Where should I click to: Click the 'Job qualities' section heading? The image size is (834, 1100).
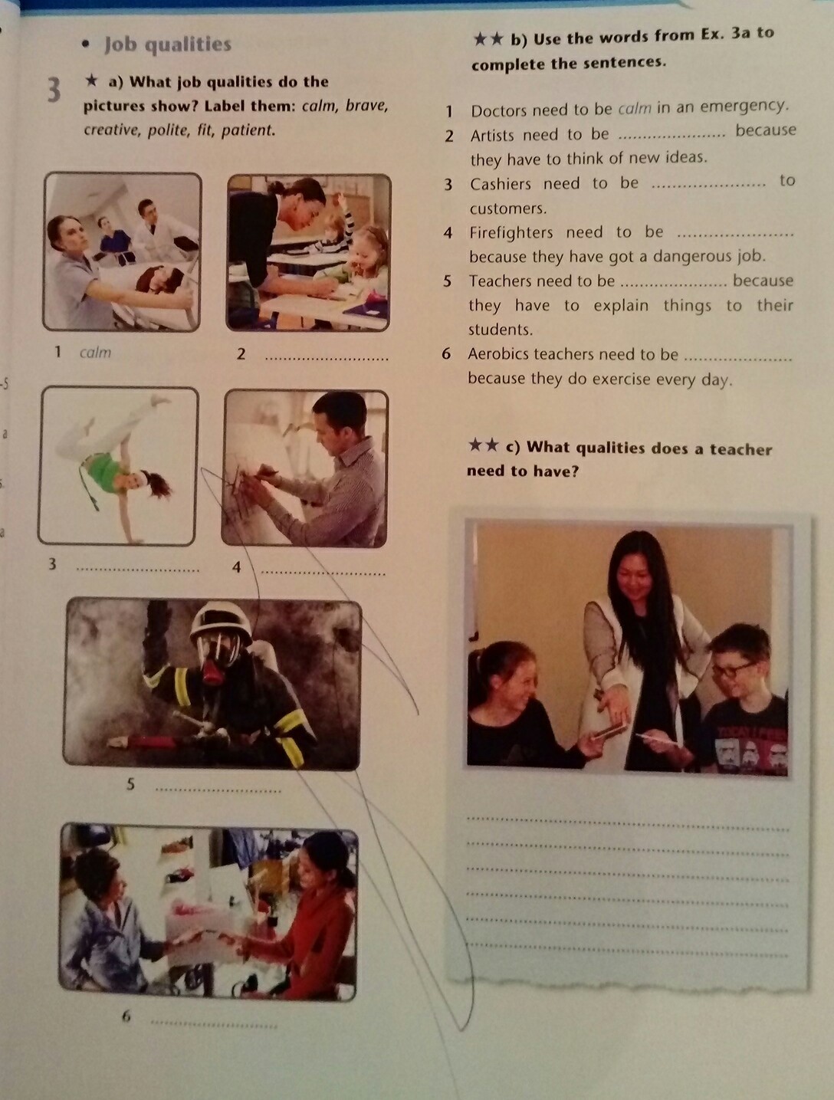click(x=168, y=44)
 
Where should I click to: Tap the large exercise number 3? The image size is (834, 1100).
click(x=54, y=90)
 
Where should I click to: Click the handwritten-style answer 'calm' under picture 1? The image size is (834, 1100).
click(x=95, y=353)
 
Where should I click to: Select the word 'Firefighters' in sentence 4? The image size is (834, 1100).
click(x=511, y=232)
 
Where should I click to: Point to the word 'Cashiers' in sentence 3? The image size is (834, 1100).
click(x=501, y=184)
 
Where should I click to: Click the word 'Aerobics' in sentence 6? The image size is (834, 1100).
click(x=498, y=354)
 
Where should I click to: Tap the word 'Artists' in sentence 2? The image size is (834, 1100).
click(x=492, y=136)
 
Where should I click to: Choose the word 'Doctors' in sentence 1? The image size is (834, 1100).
click(x=499, y=110)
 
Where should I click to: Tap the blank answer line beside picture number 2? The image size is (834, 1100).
click(x=327, y=359)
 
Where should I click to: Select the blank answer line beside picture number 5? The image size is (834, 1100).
click(x=218, y=791)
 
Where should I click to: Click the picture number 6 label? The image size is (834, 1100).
click(x=126, y=1016)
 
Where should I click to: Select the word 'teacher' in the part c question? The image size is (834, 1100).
click(x=740, y=449)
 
